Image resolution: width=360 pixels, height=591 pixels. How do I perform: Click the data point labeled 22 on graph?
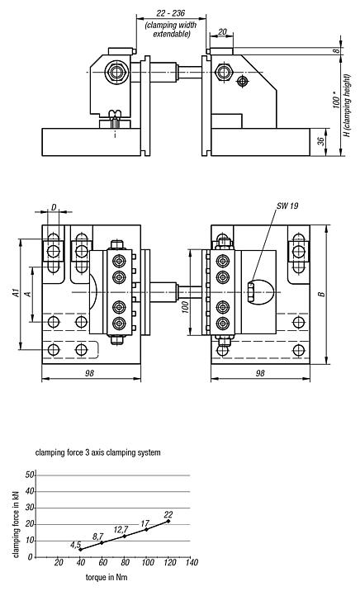[x=168, y=521]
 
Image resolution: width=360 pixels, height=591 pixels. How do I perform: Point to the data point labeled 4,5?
[x=80, y=549]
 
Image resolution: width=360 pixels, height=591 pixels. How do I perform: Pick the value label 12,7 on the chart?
[x=121, y=529]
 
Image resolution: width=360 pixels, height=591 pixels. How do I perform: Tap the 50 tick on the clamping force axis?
[x=31, y=475]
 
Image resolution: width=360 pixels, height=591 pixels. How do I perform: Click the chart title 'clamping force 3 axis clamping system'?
[x=97, y=452]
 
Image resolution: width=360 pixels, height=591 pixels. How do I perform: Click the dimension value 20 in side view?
[x=223, y=32]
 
